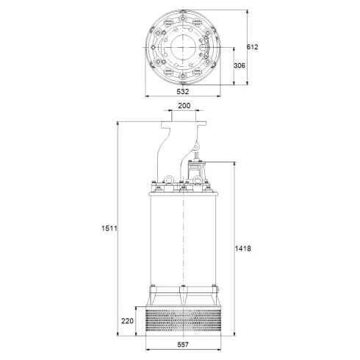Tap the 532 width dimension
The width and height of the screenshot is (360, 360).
click(183, 92)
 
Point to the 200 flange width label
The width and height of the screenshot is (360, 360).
click(184, 106)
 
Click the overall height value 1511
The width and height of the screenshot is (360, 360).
click(107, 228)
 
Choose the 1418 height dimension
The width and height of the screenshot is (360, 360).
click(245, 248)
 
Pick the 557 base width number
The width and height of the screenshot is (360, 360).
click(184, 345)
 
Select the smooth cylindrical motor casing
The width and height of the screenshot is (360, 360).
click(184, 242)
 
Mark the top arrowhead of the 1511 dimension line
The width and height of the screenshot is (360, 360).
click(118, 122)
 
